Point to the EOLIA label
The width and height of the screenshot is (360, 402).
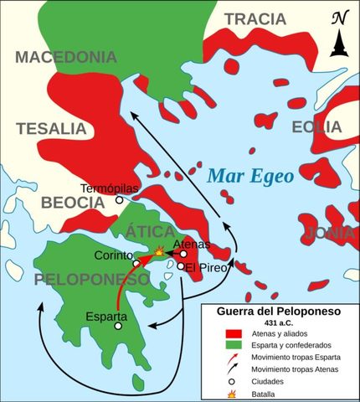tap(317, 127)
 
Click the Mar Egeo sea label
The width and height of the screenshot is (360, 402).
tap(250, 177)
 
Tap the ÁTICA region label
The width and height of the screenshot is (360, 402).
tap(149, 231)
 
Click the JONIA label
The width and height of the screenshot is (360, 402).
tap(331, 233)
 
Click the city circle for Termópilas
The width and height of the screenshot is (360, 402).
tap(120, 200)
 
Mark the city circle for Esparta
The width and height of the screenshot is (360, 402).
tap(118, 326)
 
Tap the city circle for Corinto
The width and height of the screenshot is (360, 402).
tap(136, 263)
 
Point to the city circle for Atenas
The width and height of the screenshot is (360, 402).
tap(183, 253)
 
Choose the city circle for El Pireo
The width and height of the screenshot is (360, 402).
tap(181, 266)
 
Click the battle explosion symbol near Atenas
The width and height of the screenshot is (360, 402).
tap(160, 250)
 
